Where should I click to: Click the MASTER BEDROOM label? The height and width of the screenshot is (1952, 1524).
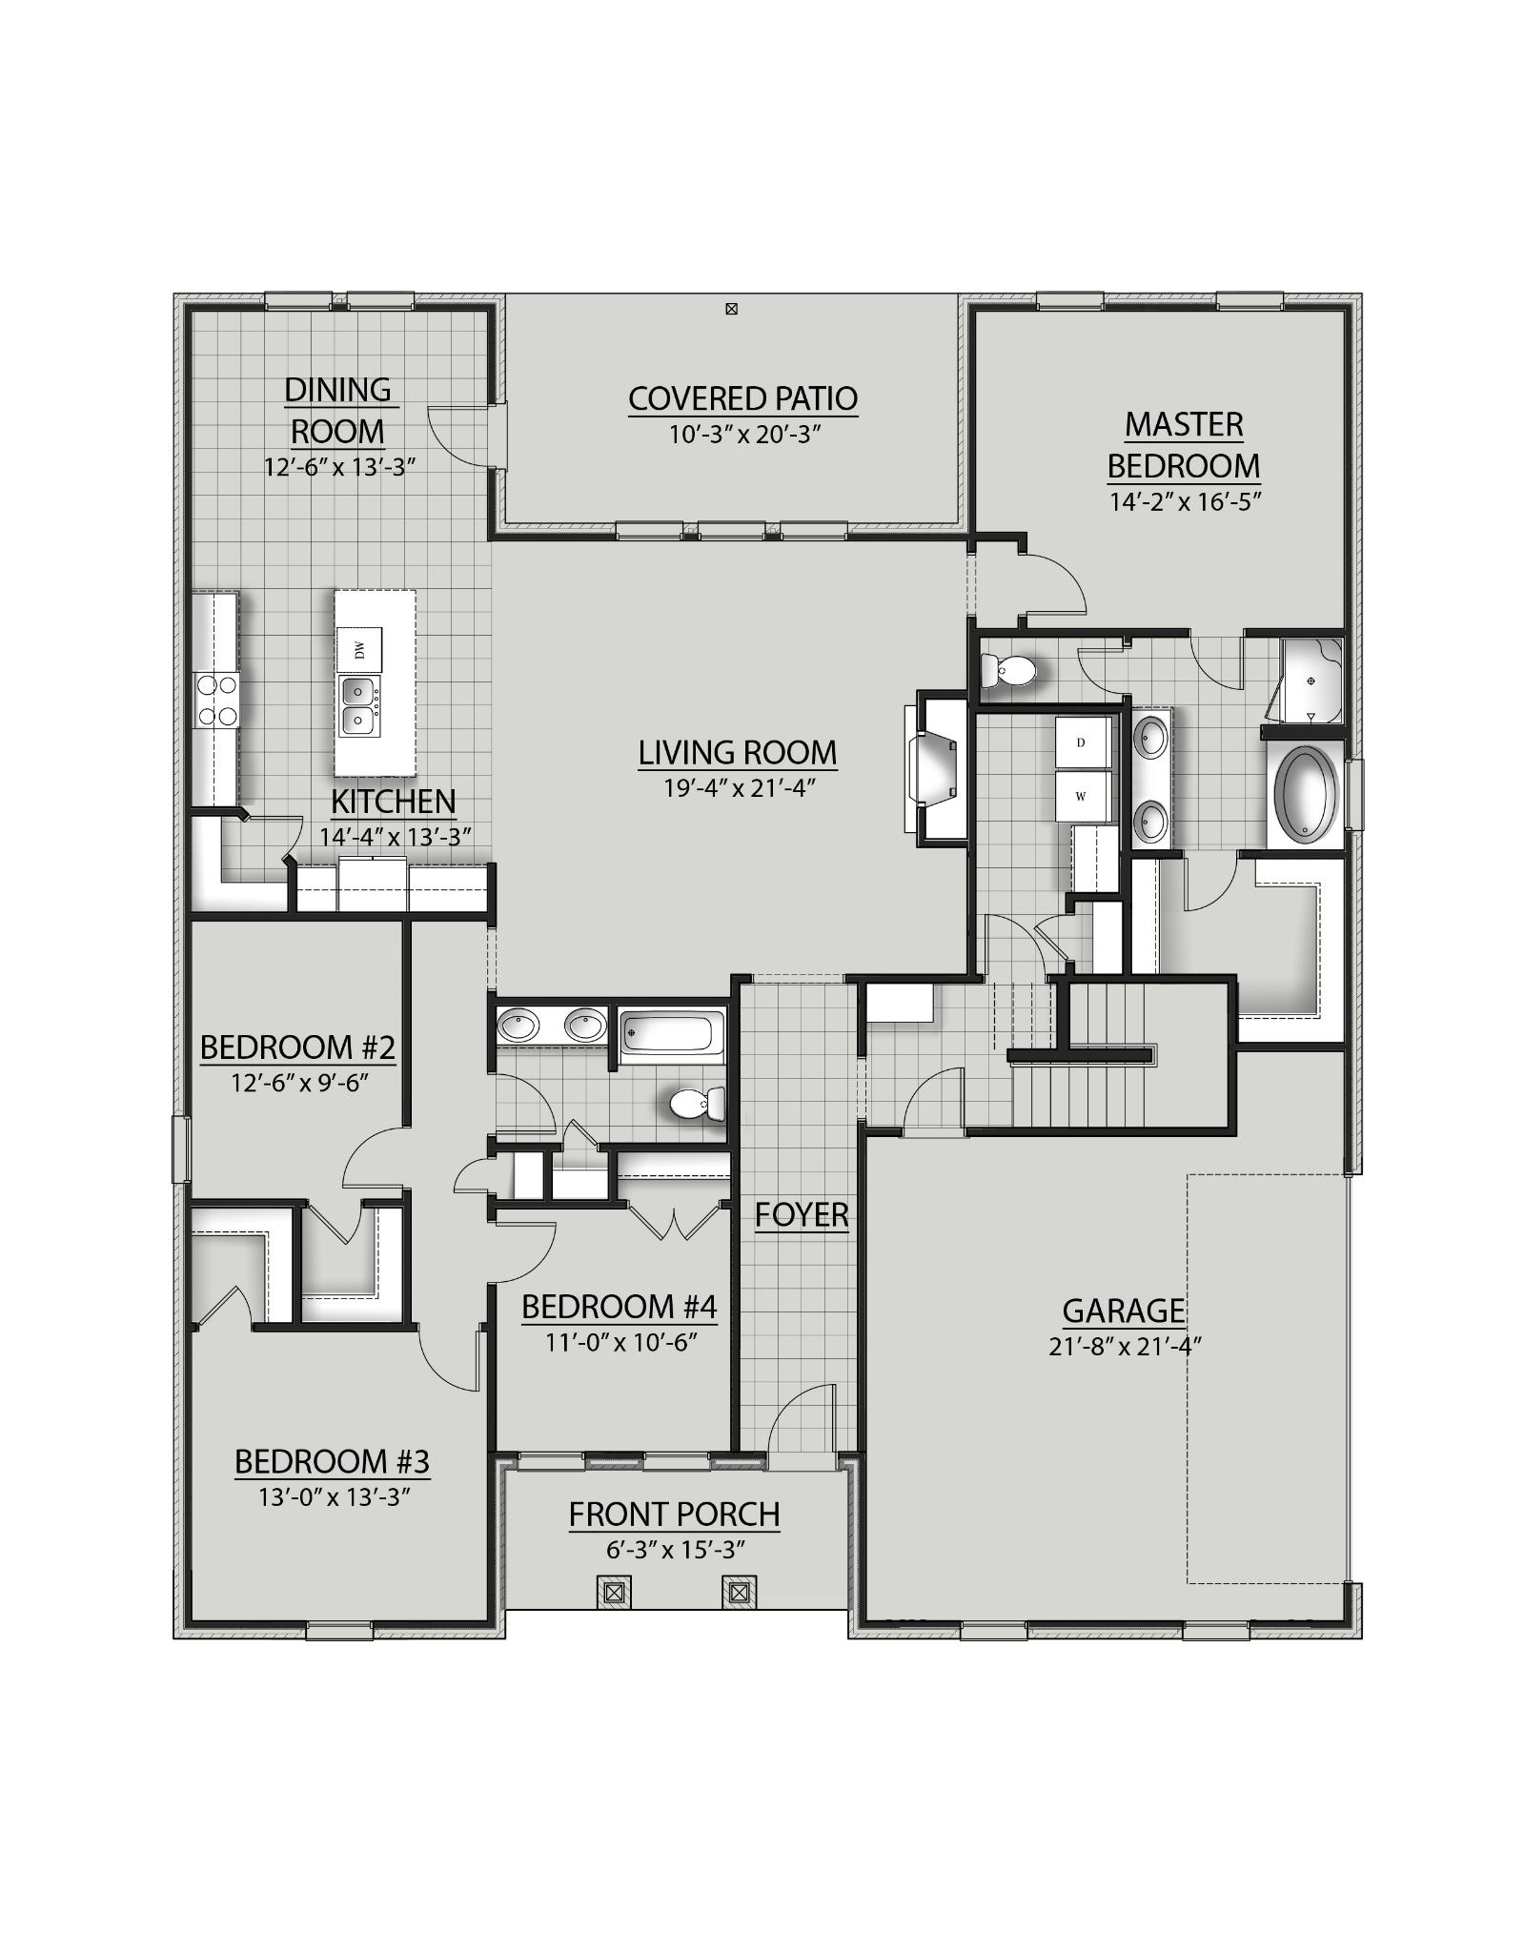1184,445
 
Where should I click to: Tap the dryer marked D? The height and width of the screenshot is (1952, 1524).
1083,742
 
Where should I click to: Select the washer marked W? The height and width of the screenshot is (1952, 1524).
1083,796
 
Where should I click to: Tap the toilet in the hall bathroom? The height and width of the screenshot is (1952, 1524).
695,1105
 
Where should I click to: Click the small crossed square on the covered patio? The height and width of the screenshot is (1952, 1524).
731,309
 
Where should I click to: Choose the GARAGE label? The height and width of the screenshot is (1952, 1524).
1123,1311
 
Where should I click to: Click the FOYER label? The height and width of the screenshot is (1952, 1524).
801,1214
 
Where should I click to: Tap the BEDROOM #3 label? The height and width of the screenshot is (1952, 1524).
332,1461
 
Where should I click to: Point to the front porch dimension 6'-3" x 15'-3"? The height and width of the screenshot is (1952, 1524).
675,1550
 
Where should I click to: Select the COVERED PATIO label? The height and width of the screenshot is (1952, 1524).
742,398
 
